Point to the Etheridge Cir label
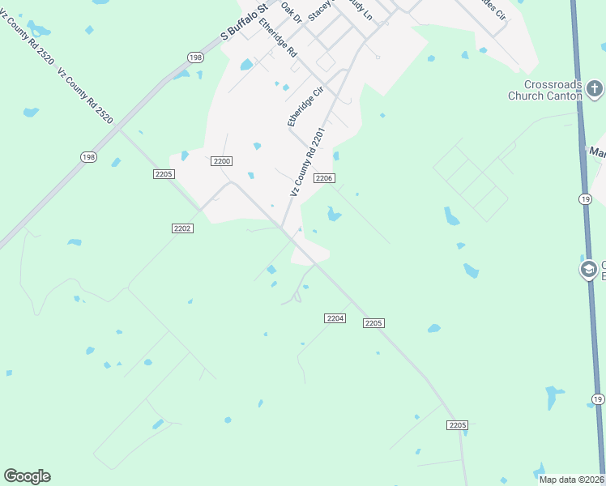305,106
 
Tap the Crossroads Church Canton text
553,90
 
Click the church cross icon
594,87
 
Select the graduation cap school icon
589,269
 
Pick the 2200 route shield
222,161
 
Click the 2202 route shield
182,228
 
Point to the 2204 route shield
335,318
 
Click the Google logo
27,476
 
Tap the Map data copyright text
572,480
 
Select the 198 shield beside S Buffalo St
194,57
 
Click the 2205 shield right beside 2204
373,322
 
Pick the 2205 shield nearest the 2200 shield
164,173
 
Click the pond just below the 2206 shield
333,214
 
